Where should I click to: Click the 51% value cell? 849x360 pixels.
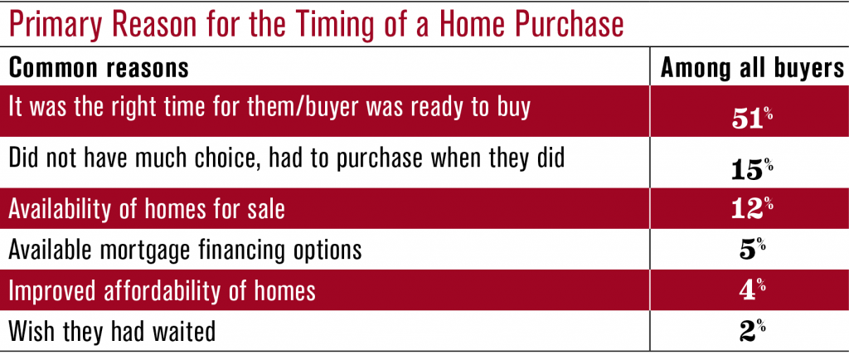click(x=751, y=119)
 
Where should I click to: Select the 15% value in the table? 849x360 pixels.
click(x=751, y=169)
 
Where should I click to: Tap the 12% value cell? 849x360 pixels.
click(x=751, y=210)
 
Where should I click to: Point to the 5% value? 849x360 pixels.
click(x=751, y=251)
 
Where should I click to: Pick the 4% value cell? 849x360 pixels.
click(x=751, y=291)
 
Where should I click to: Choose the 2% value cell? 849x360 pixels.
click(x=751, y=332)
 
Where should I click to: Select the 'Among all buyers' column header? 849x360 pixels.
click(x=751, y=68)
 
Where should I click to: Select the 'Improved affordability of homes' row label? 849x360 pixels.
click(x=163, y=291)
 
